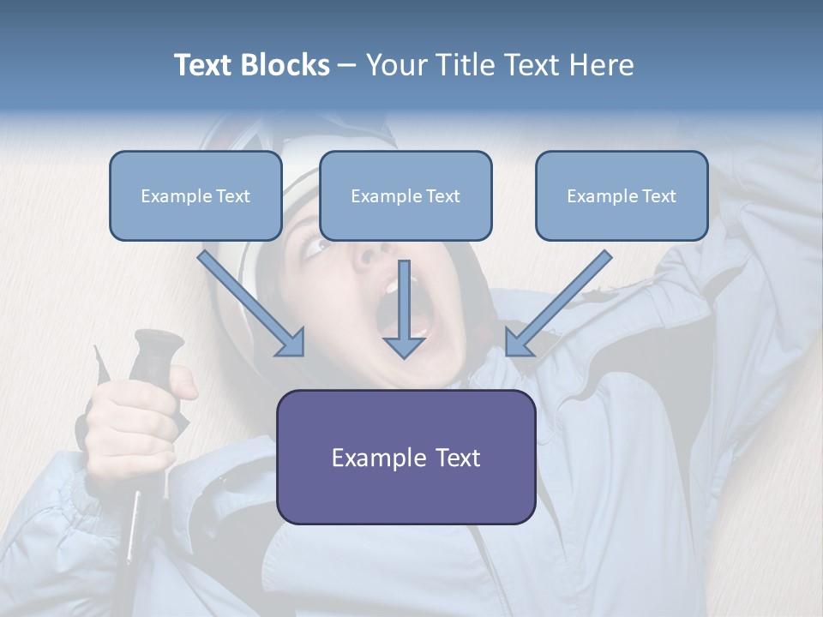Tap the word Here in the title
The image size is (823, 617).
[600, 65]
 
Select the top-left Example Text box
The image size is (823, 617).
[195, 195]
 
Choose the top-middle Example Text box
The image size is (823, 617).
[405, 195]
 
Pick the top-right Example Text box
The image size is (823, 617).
[622, 195]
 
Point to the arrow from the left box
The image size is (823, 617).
[253, 304]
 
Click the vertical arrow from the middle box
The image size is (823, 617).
[404, 313]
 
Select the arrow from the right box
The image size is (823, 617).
[557, 304]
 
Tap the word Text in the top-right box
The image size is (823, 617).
[659, 195]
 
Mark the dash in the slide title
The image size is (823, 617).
[347, 65]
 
